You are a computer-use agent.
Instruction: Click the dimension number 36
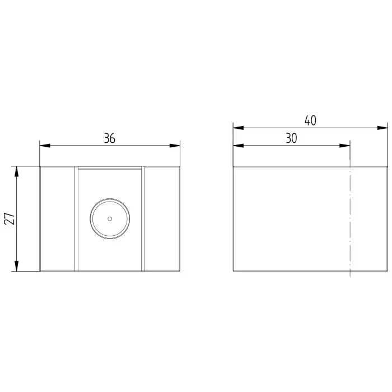tap(110, 138)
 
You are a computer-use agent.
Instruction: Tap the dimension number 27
tap(10, 218)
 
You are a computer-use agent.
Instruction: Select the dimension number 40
tap(310, 121)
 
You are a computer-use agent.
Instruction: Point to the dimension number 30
tap(291, 138)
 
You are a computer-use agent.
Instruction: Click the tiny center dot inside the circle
tap(110, 219)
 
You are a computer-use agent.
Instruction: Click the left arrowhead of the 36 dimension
tap(45, 146)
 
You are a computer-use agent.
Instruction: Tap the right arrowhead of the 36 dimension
tap(175, 146)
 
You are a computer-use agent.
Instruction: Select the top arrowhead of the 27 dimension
tap(16, 171)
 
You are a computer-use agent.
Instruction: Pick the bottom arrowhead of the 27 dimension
tap(16, 266)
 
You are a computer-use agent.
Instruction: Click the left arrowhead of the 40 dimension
tap(239, 128)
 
